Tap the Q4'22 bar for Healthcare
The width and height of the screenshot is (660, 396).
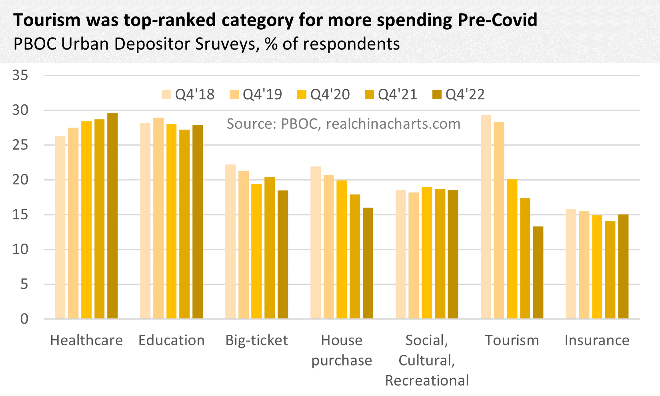click(112, 216)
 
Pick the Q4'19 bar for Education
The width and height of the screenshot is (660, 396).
click(158, 218)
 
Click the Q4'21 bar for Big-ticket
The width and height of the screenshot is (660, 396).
click(270, 248)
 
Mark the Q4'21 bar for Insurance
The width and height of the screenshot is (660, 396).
click(610, 270)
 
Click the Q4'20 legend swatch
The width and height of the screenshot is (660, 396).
click(302, 95)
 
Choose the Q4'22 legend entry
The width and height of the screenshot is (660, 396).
click(459, 95)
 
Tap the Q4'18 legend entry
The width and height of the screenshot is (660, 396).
click(188, 95)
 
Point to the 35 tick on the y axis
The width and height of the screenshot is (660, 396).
click(20, 75)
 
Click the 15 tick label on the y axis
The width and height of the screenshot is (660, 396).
click(20, 215)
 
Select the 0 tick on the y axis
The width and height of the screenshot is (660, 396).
click(24, 319)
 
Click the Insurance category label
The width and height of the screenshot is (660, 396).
click(597, 340)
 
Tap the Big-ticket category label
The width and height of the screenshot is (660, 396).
click(256, 340)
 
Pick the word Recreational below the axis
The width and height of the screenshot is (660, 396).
click(427, 380)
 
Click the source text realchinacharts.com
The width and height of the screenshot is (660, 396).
click(393, 124)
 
